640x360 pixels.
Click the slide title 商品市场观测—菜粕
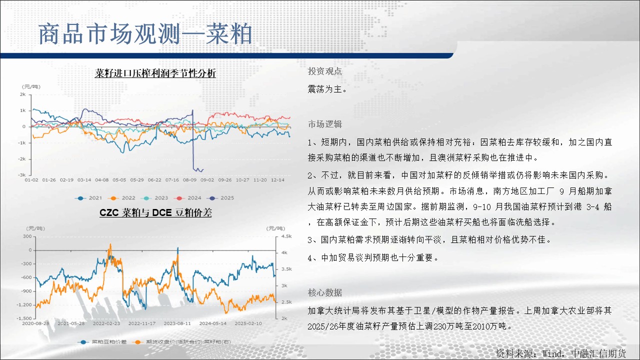click(145, 34)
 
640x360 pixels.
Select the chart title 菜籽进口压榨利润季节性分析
click(155, 73)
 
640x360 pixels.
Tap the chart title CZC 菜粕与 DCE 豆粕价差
click(155, 212)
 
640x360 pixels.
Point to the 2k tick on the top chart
click(23, 94)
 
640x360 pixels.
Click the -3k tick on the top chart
click(22, 175)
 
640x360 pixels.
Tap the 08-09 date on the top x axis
click(189, 180)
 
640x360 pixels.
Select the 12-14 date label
click(277, 180)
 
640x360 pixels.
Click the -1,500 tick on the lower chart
click(24, 318)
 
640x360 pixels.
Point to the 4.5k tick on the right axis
click(286, 236)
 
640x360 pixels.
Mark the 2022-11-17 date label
click(142, 323)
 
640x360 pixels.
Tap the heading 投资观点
click(324, 71)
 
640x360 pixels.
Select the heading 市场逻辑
click(324, 124)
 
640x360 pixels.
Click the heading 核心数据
click(324, 292)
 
